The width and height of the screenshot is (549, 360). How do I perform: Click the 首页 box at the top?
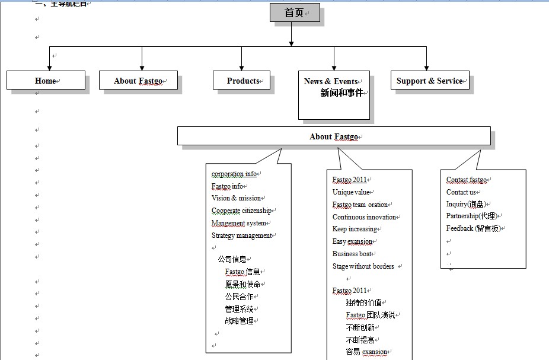coord(295,12)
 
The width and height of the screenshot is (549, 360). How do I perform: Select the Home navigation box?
coord(46,81)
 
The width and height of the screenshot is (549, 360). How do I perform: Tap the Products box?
coord(242,81)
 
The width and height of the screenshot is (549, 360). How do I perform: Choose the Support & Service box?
coord(429,81)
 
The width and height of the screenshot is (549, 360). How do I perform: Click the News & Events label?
coord(331,81)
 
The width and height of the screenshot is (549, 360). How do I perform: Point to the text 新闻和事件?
coord(341,93)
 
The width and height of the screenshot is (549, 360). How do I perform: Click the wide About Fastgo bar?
coord(334,136)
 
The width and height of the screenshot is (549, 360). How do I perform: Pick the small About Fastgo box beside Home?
coord(138,81)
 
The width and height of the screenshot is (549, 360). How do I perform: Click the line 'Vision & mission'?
coord(236,198)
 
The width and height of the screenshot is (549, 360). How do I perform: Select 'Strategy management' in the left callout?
coord(241,235)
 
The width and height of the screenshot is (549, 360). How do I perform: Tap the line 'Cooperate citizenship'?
coord(241,211)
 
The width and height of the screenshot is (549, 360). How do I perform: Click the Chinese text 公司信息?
coord(232,259)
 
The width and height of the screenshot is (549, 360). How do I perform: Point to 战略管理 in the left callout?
coord(239,321)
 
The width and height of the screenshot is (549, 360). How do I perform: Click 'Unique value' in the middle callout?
coord(351,192)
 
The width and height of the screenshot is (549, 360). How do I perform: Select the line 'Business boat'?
coord(352,254)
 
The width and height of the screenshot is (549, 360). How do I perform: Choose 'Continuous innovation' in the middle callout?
coord(364,217)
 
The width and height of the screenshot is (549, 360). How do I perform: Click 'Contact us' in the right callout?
coord(461,192)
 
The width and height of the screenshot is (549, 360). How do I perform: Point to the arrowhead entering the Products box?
coord(242,68)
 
